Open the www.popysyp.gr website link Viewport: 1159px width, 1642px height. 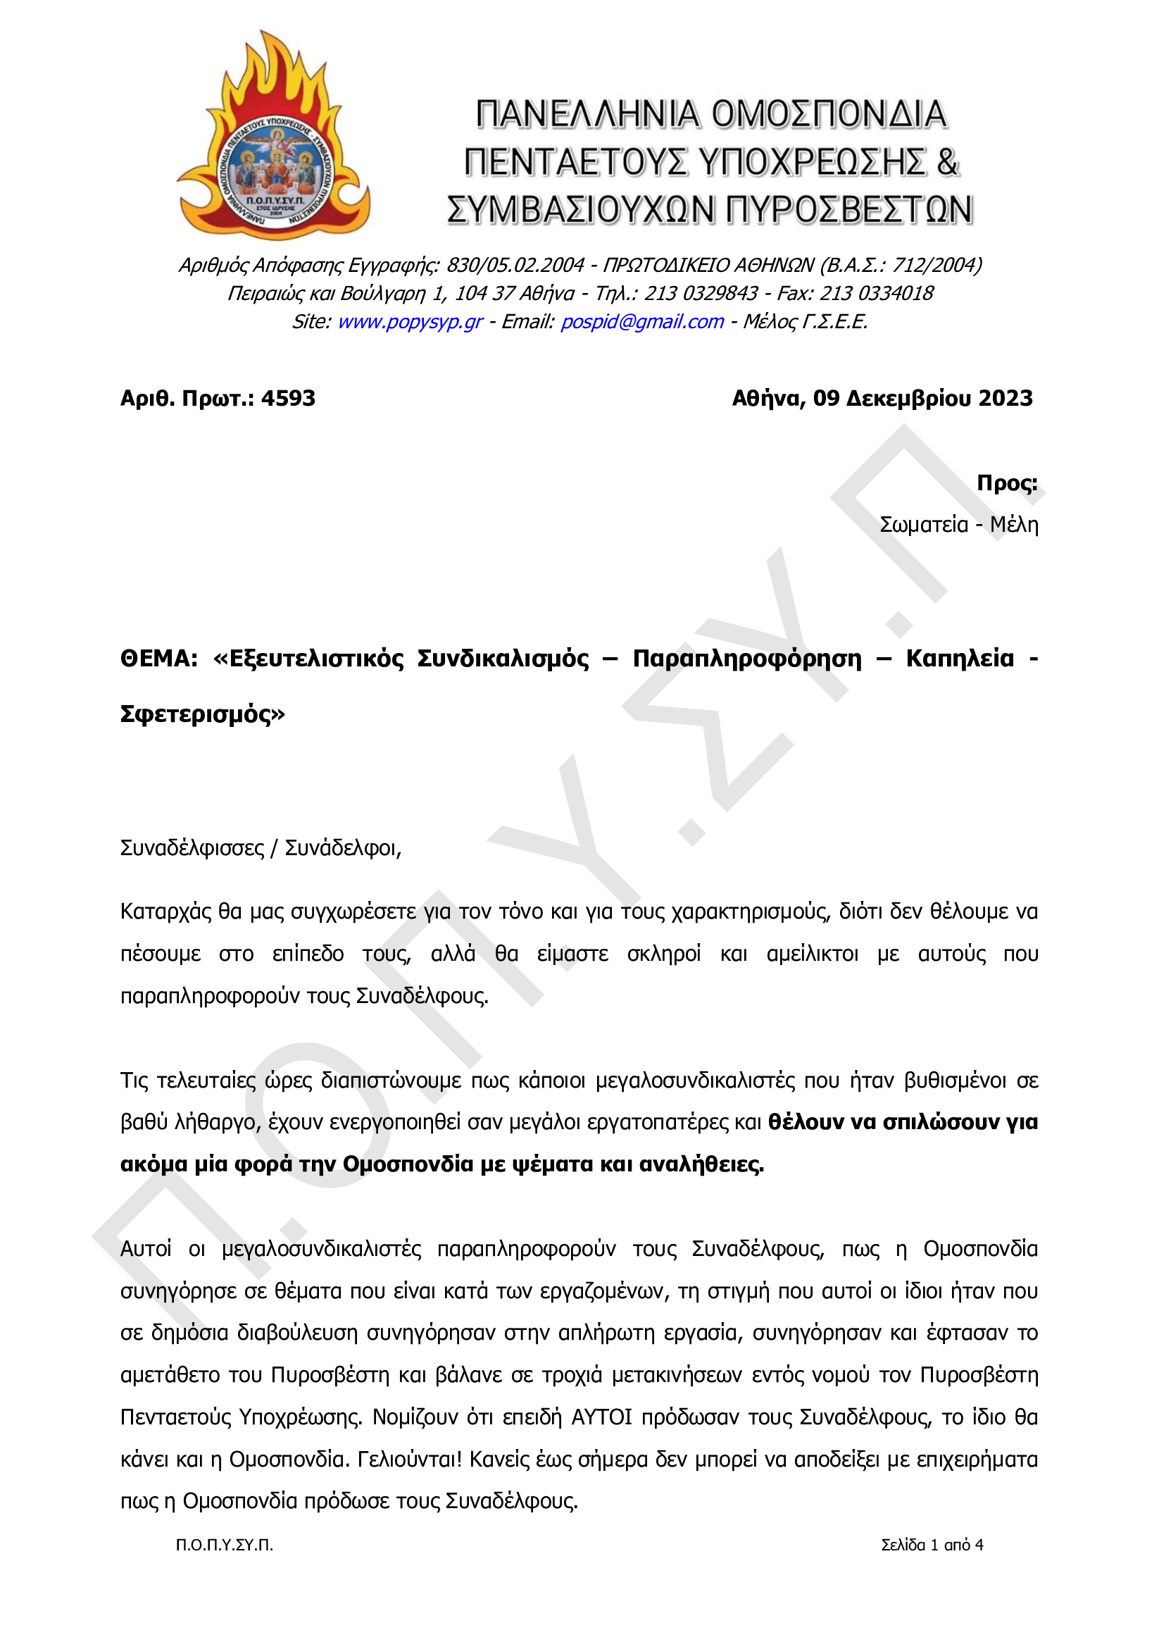[x=410, y=322]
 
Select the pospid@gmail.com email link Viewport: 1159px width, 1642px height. [x=642, y=322]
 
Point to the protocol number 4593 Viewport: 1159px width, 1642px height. [x=288, y=398]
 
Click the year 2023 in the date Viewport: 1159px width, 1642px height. [x=1005, y=398]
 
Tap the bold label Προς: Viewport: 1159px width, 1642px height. [x=1007, y=483]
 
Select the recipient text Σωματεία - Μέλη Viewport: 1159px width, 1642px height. [x=958, y=525]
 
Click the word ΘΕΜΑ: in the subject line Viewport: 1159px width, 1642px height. [x=158, y=659]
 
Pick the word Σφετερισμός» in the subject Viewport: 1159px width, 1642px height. [x=202, y=714]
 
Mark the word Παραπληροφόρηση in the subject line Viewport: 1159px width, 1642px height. [x=747, y=659]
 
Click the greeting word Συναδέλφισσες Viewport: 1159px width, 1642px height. [x=192, y=848]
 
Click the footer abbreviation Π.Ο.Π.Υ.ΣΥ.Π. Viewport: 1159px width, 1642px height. [x=225, y=1545]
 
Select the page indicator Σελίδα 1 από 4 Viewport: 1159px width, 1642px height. [x=932, y=1545]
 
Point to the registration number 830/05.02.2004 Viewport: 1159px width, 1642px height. [x=515, y=266]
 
